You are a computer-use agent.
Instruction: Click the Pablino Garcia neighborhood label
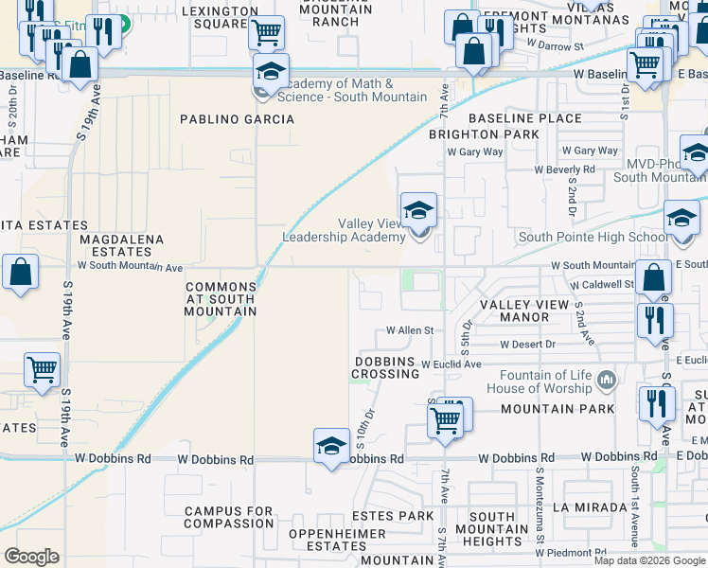(x=239, y=119)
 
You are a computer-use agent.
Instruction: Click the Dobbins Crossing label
(x=386, y=367)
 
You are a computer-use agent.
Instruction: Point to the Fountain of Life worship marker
(x=607, y=382)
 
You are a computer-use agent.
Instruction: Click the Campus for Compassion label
(x=229, y=517)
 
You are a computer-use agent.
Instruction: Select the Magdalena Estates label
(x=122, y=246)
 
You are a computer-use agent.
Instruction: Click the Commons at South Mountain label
(x=221, y=298)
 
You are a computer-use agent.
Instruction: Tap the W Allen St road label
(x=409, y=330)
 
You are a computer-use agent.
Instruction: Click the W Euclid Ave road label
(x=451, y=364)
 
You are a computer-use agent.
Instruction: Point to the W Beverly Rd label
(x=564, y=169)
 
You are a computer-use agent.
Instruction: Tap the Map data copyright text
(x=648, y=560)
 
